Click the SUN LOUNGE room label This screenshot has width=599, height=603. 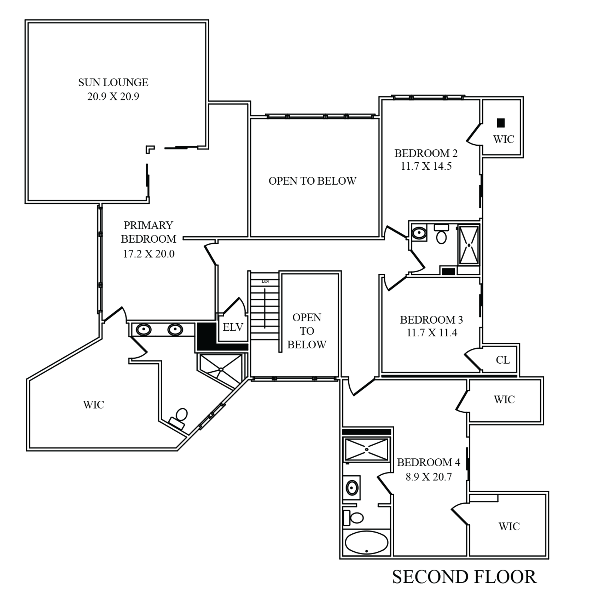pos(113,83)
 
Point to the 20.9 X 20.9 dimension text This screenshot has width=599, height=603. pos(113,97)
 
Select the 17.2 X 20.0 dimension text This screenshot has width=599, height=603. pos(149,254)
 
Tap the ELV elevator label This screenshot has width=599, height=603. pos(233,327)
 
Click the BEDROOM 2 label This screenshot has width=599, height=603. pos(426,153)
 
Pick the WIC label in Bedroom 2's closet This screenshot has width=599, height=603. pos(504,140)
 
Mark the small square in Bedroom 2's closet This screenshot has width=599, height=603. pos(501,122)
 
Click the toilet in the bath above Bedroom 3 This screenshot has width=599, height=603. pos(442,236)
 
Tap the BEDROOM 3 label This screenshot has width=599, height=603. pos(432,320)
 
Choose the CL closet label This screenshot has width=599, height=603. pos(502,360)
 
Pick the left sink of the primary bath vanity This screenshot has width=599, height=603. pos(143,330)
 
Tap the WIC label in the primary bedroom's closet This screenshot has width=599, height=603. pos(93,404)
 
